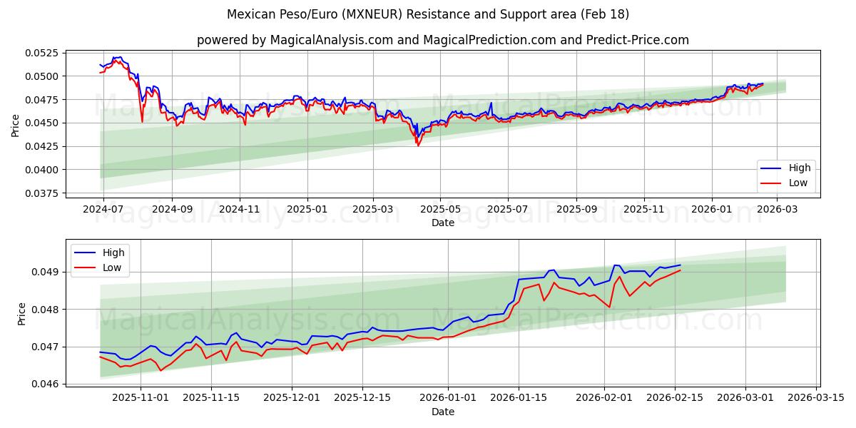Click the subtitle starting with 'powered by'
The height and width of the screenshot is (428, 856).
click(x=442, y=40)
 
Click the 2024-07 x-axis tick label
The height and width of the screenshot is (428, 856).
click(x=103, y=210)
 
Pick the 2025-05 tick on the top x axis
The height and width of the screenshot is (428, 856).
click(x=440, y=210)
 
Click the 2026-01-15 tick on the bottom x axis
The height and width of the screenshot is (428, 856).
click(x=519, y=398)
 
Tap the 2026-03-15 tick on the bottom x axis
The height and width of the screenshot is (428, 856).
click(x=817, y=398)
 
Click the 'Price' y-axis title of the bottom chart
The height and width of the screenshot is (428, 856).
click(x=22, y=313)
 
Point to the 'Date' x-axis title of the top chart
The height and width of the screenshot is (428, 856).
click(x=443, y=223)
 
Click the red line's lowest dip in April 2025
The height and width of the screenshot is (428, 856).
click(x=418, y=146)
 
